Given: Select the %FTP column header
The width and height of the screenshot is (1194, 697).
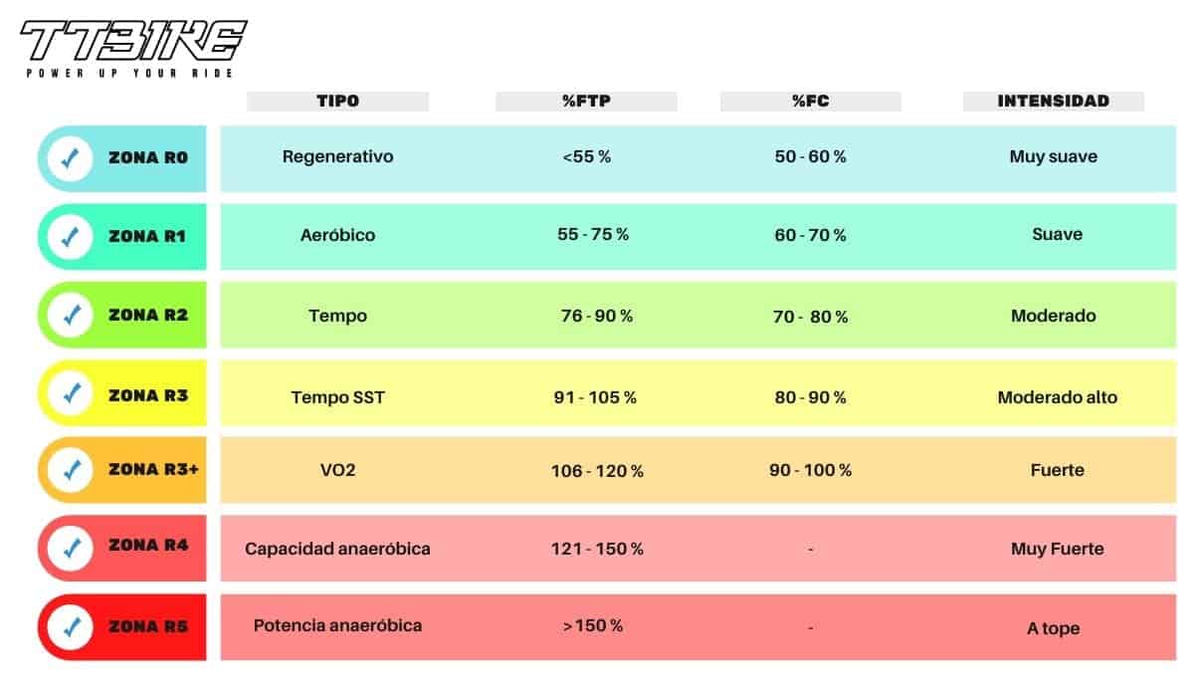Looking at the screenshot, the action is click(x=586, y=102).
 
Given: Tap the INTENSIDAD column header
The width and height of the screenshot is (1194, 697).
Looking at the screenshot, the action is click(x=1054, y=102).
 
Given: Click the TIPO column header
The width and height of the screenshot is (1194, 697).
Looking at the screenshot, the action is click(x=338, y=102).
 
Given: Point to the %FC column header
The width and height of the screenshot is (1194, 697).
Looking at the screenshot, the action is click(x=810, y=102).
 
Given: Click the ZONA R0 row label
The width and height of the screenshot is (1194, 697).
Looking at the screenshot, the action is click(x=148, y=158).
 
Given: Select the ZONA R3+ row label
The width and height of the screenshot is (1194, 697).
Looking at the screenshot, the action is click(x=153, y=469).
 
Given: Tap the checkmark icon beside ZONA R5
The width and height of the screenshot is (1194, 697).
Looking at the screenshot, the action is click(x=71, y=627).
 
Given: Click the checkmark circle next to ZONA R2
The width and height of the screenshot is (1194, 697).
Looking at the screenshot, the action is click(x=71, y=315).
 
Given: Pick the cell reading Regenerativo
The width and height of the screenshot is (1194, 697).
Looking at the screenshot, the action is click(x=338, y=156).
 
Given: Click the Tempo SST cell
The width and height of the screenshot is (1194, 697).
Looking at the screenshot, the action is click(x=338, y=397).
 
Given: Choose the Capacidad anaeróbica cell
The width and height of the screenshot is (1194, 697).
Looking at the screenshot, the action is click(x=337, y=549).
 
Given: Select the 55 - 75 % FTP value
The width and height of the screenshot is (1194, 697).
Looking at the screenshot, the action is click(x=593, y=235).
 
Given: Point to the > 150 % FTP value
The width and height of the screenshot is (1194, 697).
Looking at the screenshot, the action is click(x=593, y=625).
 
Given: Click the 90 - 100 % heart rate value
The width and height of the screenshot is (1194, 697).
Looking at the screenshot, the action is click(x=810, y=470).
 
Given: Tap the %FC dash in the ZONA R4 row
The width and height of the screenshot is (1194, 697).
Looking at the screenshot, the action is click(x=810, y=550).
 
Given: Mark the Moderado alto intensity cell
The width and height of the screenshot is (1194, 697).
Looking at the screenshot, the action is click(x=1058, y=397).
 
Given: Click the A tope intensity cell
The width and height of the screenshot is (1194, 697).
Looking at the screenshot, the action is click(x=1054, y=628).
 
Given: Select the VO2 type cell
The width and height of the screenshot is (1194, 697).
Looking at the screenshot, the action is click(x=338, y=470).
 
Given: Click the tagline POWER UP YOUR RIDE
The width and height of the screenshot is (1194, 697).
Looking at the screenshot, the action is click(x=129, y=73).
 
